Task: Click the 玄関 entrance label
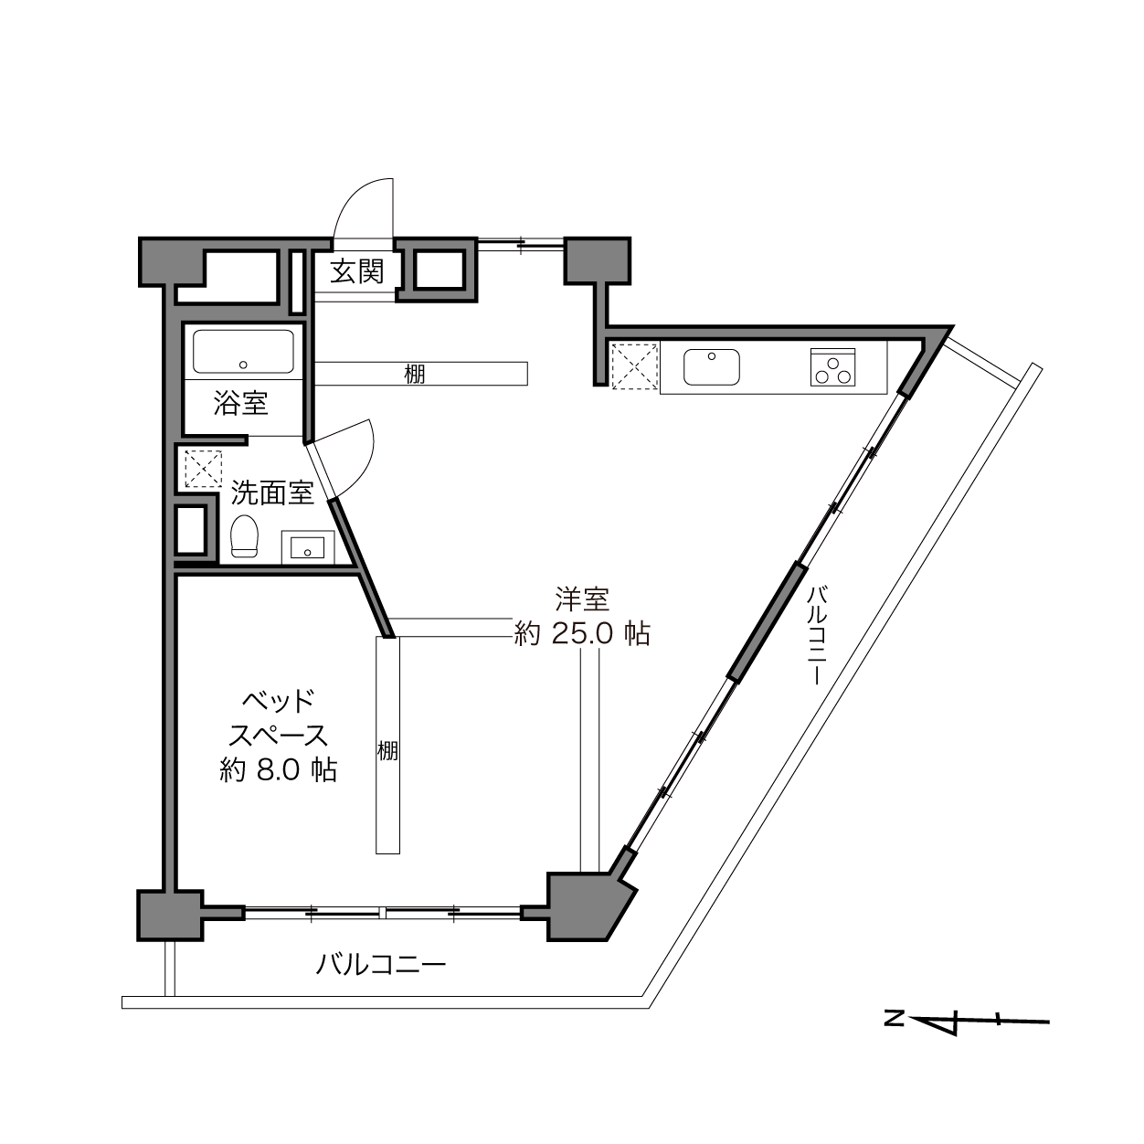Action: point(357,272)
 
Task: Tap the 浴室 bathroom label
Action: point(241,403)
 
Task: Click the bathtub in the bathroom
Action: point(243,353)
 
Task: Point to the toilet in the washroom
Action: point(244,535)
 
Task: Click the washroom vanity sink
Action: point(308,546)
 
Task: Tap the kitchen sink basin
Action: point(711,367)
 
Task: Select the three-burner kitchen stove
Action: point(833,367)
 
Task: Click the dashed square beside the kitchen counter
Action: point(635,365)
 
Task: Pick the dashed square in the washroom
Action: point(203,469)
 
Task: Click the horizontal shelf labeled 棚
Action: point(421,374)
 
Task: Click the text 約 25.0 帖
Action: point(582,634)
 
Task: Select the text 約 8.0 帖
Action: point(279,770)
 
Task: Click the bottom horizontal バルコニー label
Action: point(380,981)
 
